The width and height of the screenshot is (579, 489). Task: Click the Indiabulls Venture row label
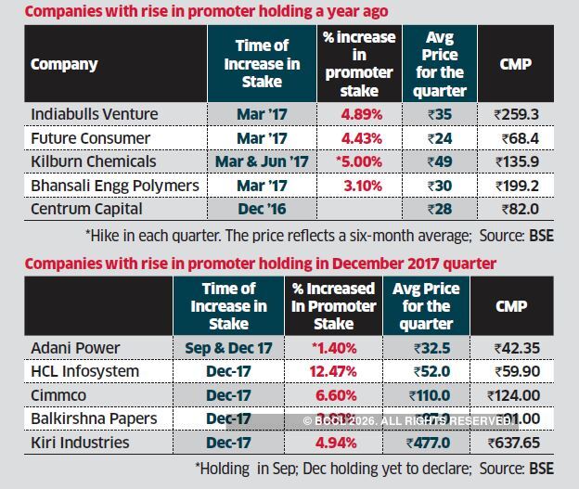coord(95,114)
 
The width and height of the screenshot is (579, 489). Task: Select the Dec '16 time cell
coord(263,210)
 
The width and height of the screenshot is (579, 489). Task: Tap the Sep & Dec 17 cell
coord(228,347)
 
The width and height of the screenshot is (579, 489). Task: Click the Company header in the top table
coord(65,64)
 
